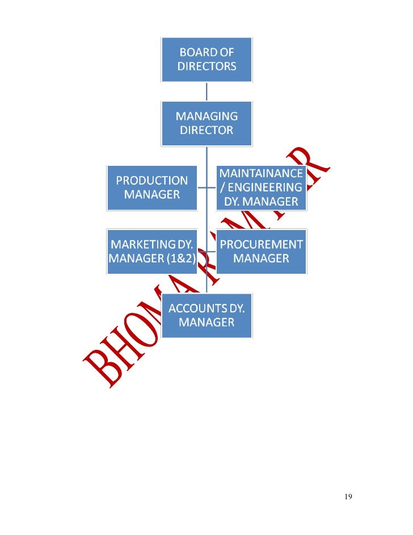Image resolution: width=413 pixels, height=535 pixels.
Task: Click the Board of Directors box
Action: (206, 59)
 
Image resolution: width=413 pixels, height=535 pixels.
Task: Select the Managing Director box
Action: (206, 123)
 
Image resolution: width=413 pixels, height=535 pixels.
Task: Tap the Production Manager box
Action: (152, 187)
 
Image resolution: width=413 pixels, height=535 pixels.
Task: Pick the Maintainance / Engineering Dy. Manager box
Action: (261, 187)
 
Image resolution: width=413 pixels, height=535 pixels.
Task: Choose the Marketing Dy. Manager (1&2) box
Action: (152, 252)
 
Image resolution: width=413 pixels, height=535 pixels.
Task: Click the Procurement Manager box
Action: (261, 252)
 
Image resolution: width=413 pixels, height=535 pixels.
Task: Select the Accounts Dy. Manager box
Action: (206, 315)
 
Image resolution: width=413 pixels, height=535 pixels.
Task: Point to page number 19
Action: (348, 497)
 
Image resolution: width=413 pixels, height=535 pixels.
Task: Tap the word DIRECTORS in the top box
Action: (206, 66)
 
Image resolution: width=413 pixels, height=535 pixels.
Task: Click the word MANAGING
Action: (206, 116)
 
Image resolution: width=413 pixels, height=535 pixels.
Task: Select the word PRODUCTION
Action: (152, 181)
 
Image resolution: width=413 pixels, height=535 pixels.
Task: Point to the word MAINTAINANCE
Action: (261, 173)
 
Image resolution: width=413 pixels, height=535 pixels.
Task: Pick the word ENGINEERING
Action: (265, 187)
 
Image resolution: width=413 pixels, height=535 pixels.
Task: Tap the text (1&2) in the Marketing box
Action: (179, 259)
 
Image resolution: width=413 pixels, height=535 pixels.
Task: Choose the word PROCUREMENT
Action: (261, 245)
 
